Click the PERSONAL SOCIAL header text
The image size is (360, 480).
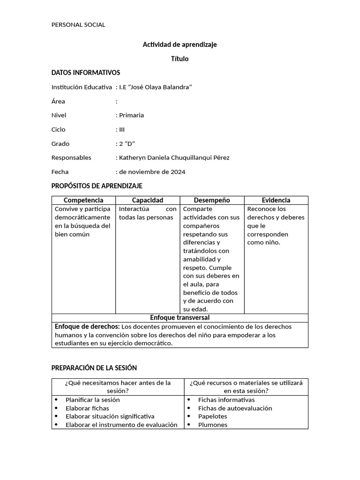pos(78,25)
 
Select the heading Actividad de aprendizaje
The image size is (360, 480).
pos(180,45)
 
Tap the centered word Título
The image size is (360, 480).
pos(180,59)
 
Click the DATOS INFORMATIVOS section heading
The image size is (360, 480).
pos(85,73)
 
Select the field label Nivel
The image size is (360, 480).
pos(59,115)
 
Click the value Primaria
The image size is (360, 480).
pos(131,115)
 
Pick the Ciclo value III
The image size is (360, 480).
pos(122,129)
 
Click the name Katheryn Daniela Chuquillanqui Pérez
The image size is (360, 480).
pos(174,157)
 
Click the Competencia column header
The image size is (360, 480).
pos(83,200)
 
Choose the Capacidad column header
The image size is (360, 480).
pos(148,200)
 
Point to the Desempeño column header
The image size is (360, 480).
pos(212,200)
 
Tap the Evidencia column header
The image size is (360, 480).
pos(276,200)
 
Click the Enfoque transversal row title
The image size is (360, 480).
pos(180,318)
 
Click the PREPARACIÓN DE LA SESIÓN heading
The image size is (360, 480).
pos(94,368)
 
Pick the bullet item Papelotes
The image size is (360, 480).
pos(212,416)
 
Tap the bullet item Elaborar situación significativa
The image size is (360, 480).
pos(110,416)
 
